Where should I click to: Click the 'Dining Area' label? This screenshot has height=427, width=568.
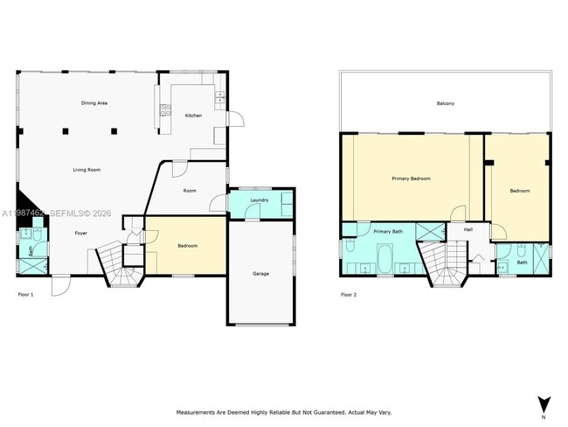[94, 103]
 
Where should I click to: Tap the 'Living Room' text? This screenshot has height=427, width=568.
[86, 170]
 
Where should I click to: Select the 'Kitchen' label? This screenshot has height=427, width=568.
[192, 115]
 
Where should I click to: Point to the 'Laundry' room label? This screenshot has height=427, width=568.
[259, 200]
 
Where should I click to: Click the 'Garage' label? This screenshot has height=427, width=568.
[260, 274]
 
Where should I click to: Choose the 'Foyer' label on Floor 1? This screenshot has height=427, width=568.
[80, 234]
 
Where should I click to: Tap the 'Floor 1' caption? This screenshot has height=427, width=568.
[25, 295]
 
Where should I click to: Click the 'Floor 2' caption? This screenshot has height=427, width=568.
[348, 295]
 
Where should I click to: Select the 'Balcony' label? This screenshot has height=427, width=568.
[446, 103]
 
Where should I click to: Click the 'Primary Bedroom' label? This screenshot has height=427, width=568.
[411, 178]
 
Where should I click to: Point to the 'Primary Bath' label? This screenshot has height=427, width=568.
[388, 231]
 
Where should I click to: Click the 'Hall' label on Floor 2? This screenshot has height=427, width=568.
[468, 229]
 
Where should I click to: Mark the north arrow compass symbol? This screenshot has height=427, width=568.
[544, 404]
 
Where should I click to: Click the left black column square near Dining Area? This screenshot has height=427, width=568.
[65, 131]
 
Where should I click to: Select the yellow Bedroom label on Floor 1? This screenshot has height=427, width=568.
[188, 246]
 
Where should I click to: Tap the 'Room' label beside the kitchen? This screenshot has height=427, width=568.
[190, 191]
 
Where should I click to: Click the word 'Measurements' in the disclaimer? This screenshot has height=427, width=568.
[198, 412]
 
